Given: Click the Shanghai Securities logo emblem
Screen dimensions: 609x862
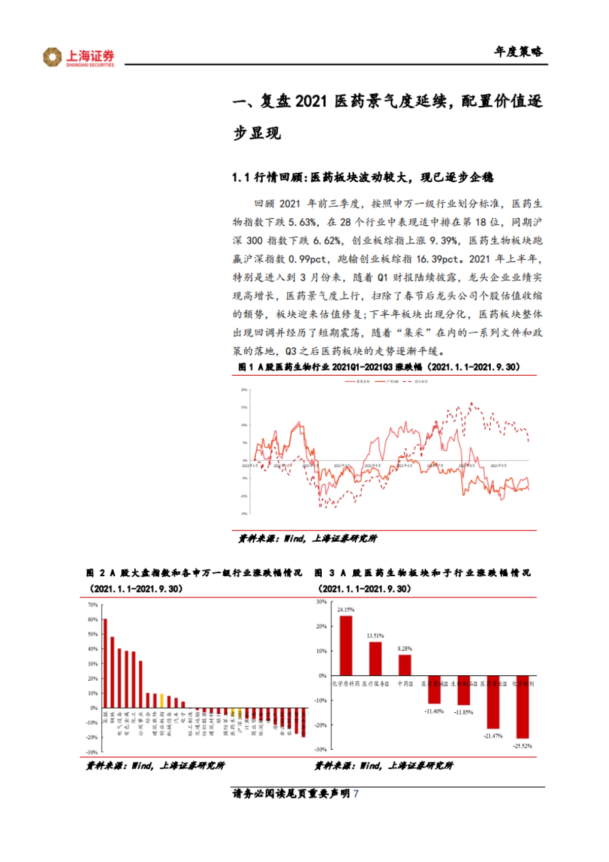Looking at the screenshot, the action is pyautogui.click(x=52, y=57).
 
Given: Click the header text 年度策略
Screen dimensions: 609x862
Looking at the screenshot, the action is pyautogui.click(x=519, y=52).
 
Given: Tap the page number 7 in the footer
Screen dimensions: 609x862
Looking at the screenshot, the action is pyautogui.click(x=356, y=793).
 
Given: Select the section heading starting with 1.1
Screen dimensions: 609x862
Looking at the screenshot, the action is pyautogui.click(x=362, y=177).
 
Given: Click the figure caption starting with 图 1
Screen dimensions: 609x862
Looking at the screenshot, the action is pyautogui.click(x=379, y=367).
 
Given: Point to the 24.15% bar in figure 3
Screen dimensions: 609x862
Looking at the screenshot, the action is pyautogui.click(x=346, y=645).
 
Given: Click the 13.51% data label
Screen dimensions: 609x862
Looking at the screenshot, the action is pyautogui.click(x=375, y=636).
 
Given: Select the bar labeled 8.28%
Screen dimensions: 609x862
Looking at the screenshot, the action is pyautogui.click(x=404, y=665).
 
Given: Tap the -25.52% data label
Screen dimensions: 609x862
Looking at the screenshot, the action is pyautogui.click(x=522, y=746).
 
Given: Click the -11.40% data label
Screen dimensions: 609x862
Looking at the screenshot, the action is pyautogui.click(x=434, y=711).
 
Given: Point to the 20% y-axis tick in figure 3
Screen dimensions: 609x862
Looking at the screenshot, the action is pyautogui.click(x=322, y=626).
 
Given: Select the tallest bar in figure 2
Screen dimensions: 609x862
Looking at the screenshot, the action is pyautogui.click(x=105, y=663).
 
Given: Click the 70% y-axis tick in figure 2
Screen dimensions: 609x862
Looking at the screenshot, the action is pyautogui.click(x=92, y=605).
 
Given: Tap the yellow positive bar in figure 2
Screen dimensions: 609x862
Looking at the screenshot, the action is pyautogui.click(x=161, y=701).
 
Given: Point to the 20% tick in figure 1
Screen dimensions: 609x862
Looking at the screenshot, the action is pyautogui.click(x=244, y=390).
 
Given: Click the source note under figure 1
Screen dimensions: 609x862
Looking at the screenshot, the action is pyautogui.click(x=307, y=539).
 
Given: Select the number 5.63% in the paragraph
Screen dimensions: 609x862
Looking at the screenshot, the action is pyautogui.click(x=303, y=222).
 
